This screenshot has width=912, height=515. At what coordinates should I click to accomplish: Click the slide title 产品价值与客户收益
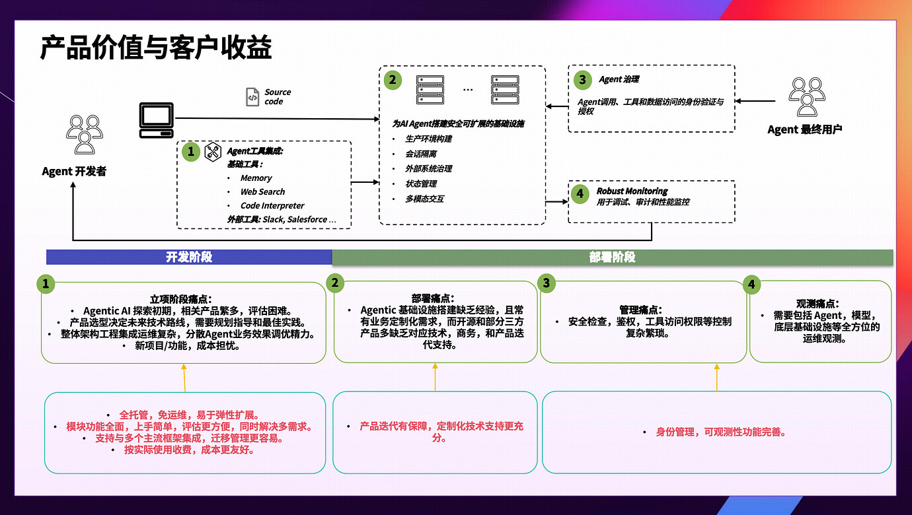coord(156,48)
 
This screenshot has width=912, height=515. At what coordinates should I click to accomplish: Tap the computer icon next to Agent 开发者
coord(157,120)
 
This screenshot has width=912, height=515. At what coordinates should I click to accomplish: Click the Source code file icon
coord(252,97)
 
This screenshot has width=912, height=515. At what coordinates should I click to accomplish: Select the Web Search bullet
coord(262,191)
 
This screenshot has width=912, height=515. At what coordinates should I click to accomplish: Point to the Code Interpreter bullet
coord(272,205)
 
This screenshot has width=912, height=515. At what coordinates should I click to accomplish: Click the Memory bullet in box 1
coord(256,178)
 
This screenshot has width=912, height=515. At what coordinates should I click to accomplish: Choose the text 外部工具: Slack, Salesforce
coord(282,219)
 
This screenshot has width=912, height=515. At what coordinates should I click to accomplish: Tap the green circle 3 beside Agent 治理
coord(582,80)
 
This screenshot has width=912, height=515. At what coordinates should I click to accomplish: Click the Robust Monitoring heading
coord(632,191)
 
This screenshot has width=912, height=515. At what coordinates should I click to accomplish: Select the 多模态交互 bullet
coord(424,198)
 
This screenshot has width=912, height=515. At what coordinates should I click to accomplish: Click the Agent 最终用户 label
coord(804,129)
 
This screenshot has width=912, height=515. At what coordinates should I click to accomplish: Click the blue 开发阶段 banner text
coord(189,257)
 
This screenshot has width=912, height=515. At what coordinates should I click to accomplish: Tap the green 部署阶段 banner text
coord(612,257)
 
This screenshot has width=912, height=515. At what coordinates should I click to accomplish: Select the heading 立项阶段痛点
coord(183,298)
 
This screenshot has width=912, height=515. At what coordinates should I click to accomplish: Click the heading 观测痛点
coord(819,304)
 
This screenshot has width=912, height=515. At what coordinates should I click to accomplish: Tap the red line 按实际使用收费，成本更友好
coord(189,450)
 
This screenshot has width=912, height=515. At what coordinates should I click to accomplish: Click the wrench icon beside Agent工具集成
coord(212,151)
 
